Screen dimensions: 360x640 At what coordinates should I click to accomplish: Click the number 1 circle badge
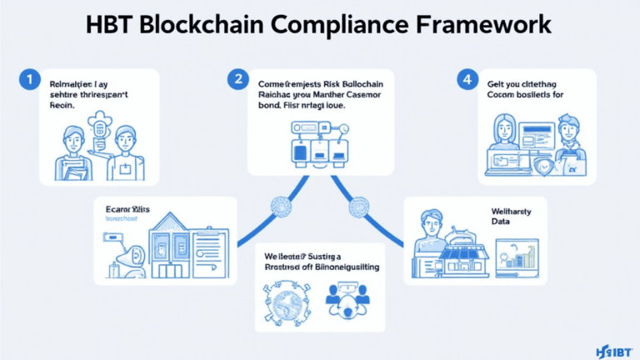[x=29, y=81]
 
